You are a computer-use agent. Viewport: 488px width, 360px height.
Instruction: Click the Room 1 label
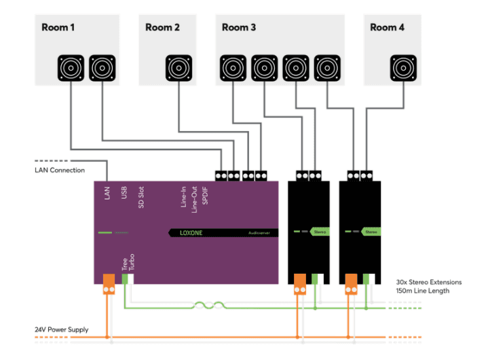pyautogui.click(x=58, y=27)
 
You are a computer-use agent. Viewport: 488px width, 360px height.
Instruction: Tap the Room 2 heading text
pyautogui.click(x=162, y=27)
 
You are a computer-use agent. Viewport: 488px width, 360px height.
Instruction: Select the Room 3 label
pyautogui.click(x=239, y=27)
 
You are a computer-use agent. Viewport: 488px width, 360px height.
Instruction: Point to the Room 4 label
pyautogui.click(x=387, y=27)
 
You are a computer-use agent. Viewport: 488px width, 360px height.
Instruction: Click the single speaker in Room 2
pyautogui.click(x=179, y=69)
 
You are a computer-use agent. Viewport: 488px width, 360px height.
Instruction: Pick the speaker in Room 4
pyautogui.click(x=404, y=69)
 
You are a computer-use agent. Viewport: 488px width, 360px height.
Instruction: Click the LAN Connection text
pyautogui.click(x=60, y=170)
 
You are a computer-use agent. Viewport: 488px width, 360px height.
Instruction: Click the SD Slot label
pyautogui.click(x=141, y=196)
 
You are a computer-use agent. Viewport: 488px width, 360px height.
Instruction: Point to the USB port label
pyautogui.click(x=124, y=194)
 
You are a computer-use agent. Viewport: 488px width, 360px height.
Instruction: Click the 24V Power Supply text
pyautogui.click(x=62, y=330)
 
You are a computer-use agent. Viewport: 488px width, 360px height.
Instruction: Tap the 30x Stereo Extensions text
pyautogui.click(x=428, y=281)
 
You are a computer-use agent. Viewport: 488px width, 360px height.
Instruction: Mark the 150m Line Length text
pyautogui.click(x=422, y=291)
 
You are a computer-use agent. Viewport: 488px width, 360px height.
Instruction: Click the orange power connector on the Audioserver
pyautogui.click(x=108, y=283)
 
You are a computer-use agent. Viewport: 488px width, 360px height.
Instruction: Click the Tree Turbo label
pyautogui.click(x=128, y=264)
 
